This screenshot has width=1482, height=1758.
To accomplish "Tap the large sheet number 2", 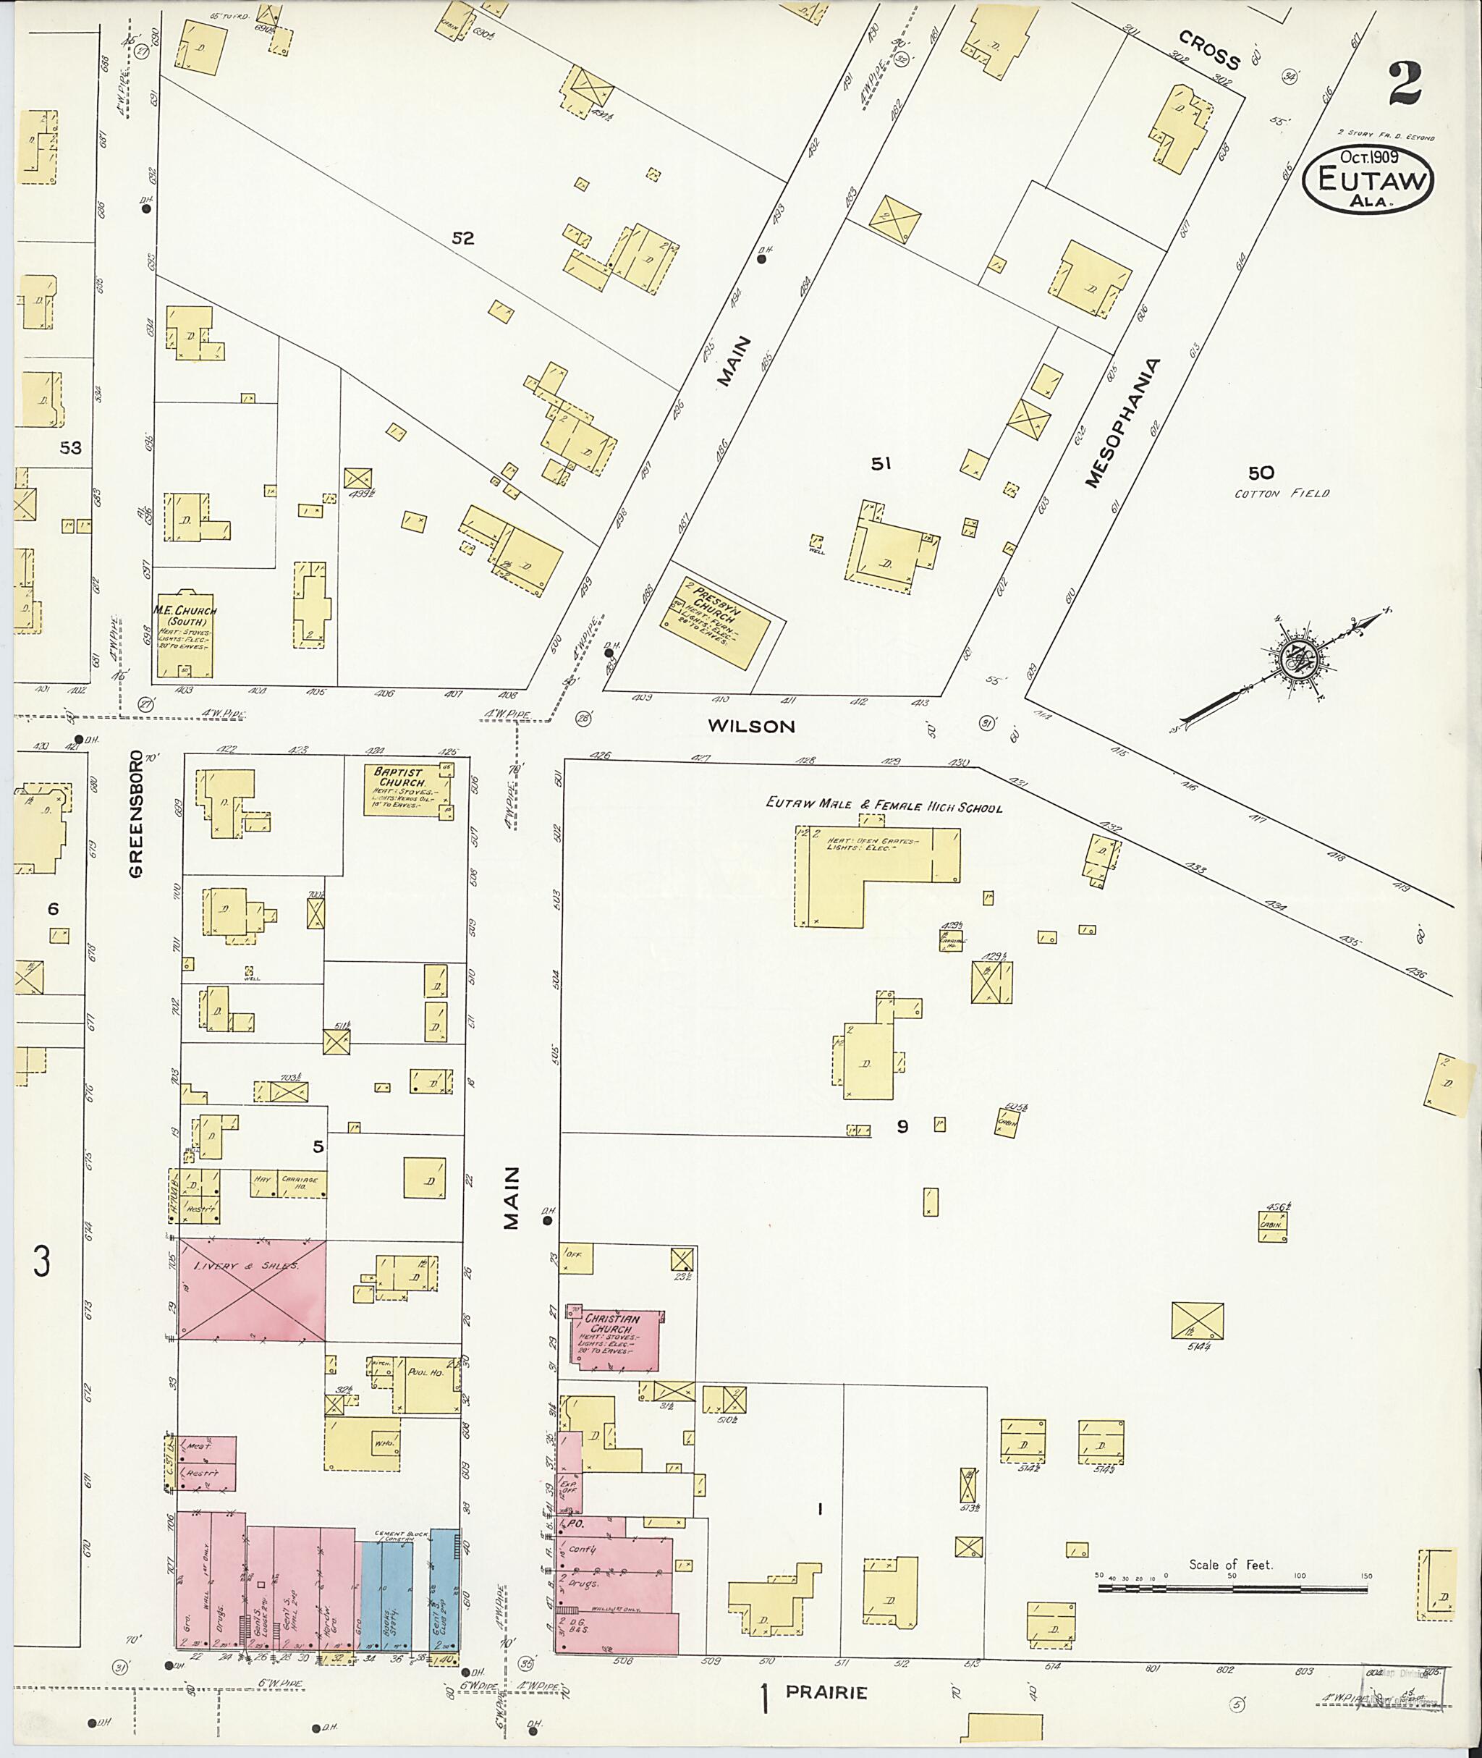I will click(x=1404, y=85).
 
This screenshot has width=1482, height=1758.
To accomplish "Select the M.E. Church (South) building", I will click(x=184, y=635).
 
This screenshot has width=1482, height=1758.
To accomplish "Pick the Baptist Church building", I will click(x=408, y=788).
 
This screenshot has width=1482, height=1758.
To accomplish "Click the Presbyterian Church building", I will click(x=714, y=622).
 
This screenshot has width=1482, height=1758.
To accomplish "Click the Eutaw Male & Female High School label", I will click(x=883, y=804).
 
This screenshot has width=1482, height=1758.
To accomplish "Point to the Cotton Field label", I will click(x=1282, y=494).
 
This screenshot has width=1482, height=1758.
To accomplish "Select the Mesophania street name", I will click(x=1122, y=423).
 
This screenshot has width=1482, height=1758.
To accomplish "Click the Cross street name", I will click(x=1209, y=50).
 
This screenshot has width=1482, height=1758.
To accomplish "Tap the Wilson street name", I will click(x=750, y=726).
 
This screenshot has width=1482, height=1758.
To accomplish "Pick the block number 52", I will click(x=463, y=238).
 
